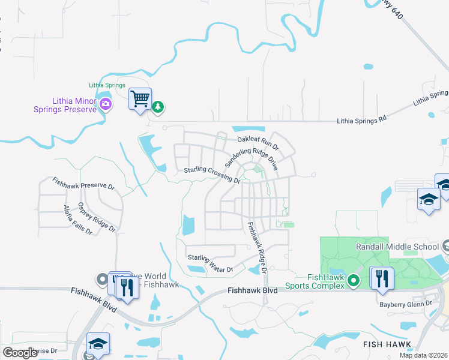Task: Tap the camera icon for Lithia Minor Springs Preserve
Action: pos(106,105)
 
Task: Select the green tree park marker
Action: pos(158,107)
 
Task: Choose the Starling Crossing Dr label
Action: pos(212,175)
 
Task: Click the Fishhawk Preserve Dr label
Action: pos(83,183)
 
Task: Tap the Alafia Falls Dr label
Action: pos(77,220)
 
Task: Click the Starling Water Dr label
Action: pos(210,263)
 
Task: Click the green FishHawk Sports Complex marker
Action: pos(354,280)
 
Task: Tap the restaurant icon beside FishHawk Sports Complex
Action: pos(381,278)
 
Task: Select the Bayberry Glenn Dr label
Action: pos(405,304)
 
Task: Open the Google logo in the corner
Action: pos(20,353)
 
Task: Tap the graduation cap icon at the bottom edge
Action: pos(98,344)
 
